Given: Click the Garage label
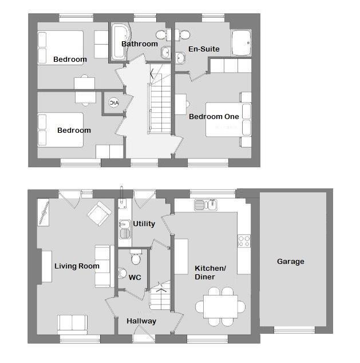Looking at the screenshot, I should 290,262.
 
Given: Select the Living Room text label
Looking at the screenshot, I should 77,266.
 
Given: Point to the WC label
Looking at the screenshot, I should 134,278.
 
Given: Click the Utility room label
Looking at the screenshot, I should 144,224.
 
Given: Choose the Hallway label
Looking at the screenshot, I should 141,321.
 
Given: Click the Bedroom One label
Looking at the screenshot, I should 214,117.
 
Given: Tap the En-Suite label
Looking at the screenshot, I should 204,49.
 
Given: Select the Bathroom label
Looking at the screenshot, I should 139,44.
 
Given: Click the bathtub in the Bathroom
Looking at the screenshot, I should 120,42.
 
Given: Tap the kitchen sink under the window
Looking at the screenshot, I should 205,205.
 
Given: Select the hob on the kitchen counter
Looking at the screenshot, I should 244,241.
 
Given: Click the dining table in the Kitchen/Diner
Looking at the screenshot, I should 220,306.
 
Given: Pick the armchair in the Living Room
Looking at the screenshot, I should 100,213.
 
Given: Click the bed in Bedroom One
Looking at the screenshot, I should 224,119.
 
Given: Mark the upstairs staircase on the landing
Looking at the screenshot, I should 159,106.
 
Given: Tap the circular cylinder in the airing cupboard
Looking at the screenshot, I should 114,103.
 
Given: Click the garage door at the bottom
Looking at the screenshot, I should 294,330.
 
